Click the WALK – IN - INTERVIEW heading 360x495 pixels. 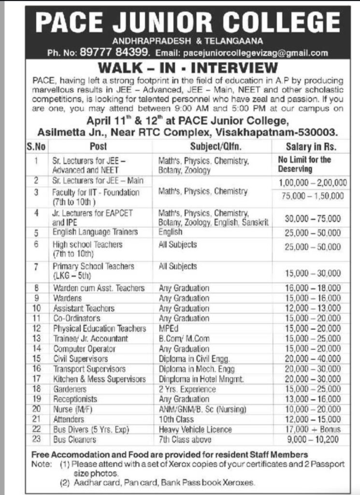(x=188, y=67)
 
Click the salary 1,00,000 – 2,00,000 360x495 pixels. (x=313, y=182)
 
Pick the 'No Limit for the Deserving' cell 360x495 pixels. (x=305, y=164)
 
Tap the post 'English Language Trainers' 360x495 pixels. (x=95, y=232)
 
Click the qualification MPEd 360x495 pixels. (x=169, y=328)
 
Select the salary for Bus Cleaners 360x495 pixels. (x=313, y=440)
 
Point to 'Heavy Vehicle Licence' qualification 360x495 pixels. (x=195, y=429)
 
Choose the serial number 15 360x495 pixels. (x=36, y=359)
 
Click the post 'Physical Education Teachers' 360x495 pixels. (x=99, y=328)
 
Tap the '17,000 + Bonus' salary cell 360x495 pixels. (x=313, y=429)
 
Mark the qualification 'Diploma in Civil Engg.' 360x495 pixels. (x=194, y=359)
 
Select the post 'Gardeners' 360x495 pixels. (x=70, y=389)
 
